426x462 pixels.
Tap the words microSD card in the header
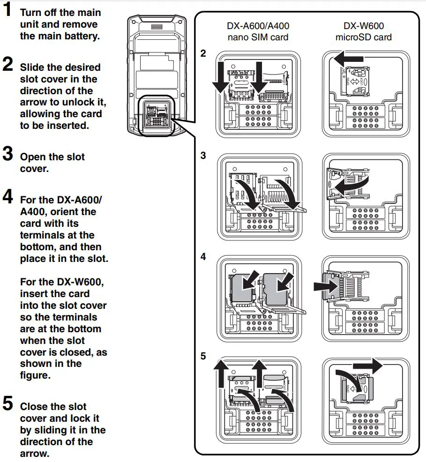pos(363,37)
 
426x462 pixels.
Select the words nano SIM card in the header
pos(258,37)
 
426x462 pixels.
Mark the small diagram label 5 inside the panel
pos(203,357)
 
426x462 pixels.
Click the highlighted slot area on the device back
pos(157,116)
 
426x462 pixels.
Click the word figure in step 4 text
pos(34,375)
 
